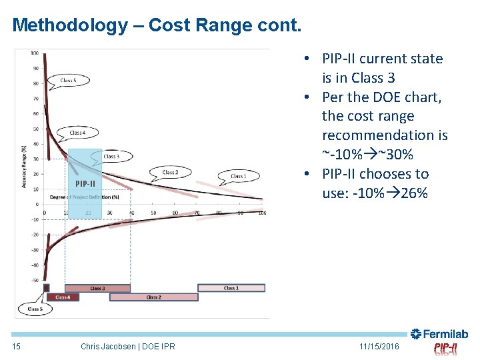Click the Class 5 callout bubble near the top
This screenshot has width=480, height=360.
pyautogui.click(x=68, y=81)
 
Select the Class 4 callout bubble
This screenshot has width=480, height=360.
pyautogui.click(x=77, y=133)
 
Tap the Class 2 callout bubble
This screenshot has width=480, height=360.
pyautogui.click(x=170, y=172)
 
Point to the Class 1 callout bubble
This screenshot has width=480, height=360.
pyautogui.click(x=237, y=176)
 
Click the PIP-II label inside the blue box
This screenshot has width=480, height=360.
pyautogui.click(x=85, y=183)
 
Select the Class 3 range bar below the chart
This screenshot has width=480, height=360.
pyautogui.click(x=97, y=288)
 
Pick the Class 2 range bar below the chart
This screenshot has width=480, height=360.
pyautogui.click(x=153, y=297)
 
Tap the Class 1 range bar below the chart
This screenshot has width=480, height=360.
pyautogui.click(x=231, y=288)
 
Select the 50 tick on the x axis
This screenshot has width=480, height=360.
pyautogui.click(x=153, y=213)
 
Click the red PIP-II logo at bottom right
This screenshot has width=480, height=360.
pyautogui.click(x=445, y=348)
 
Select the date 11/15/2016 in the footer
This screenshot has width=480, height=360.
pyautogui.click(x=379, y=347)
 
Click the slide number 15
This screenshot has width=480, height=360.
pyautogui.click(x=17, y=347)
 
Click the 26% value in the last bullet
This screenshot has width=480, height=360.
pyautogui.click(x=415, y=193)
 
